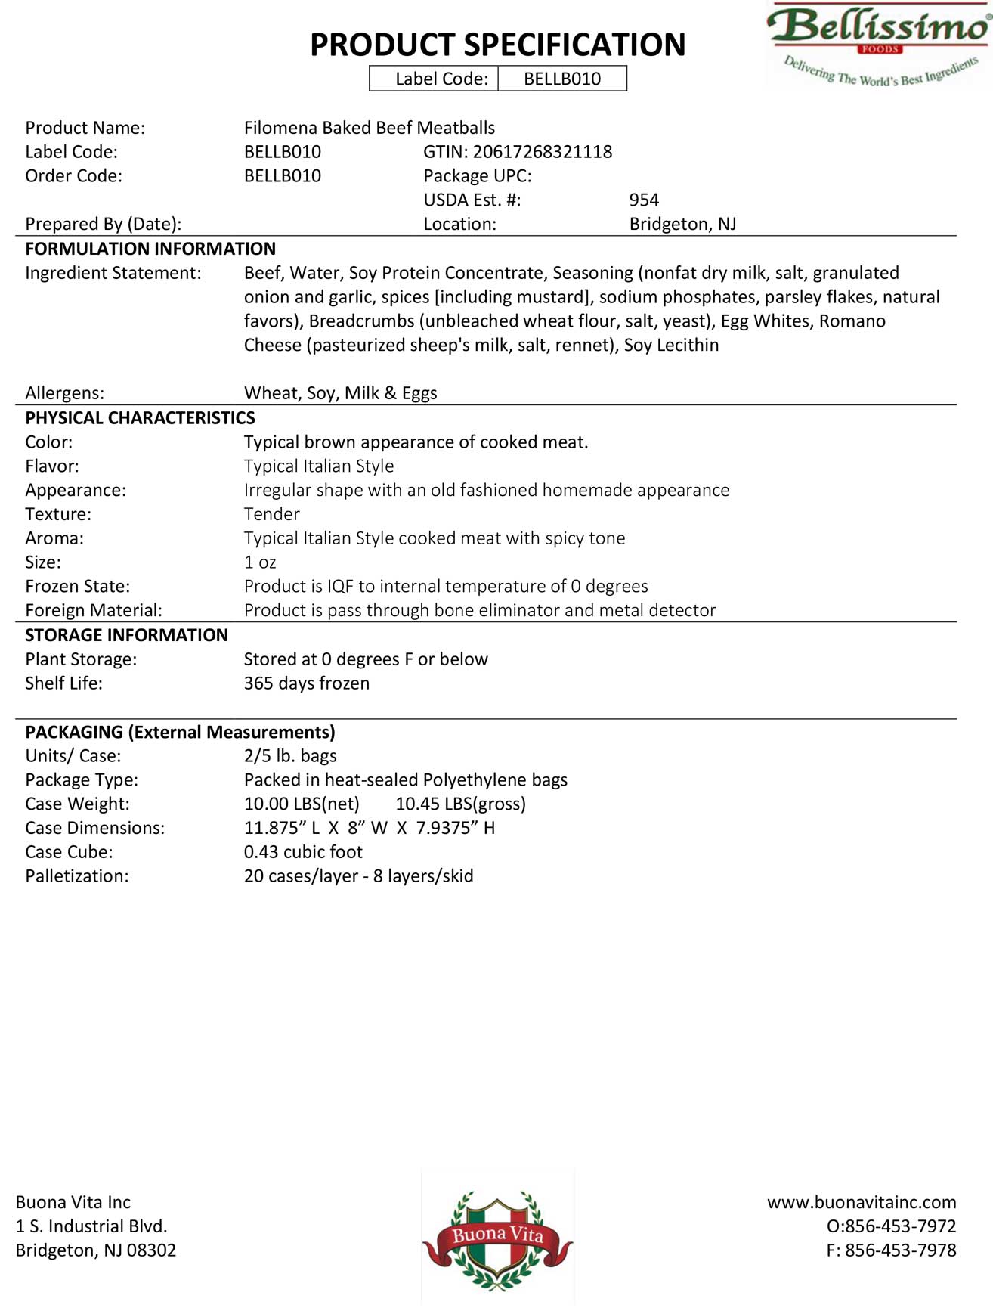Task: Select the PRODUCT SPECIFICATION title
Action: click(x=497, y=45)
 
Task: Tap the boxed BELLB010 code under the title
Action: click(x=562, y=79)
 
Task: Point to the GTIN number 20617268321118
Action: click(x=542, y=152)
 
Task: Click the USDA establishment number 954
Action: click(x=644, y=200)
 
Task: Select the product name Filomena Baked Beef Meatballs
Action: click(x=370, y=128)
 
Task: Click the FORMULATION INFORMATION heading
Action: click(x=150, y=249)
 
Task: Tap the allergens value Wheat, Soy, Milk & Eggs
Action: click(x=340, y=393)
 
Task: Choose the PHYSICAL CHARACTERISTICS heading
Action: click(x=140, y=418)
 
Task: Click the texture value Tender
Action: click(x=271, y=514)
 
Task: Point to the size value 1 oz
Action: click(x=260, y=562)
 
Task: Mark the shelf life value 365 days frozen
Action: click(x=307, y=683)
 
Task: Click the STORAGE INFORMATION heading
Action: click(x=126, y=635)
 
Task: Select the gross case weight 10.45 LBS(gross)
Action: click(x=461, y=804)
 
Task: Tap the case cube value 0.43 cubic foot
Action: click(x=303, y=852)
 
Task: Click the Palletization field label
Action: click(x=77, y=876)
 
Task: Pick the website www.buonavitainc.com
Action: click(x=862, y=1202)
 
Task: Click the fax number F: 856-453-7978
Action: click(x=891, y=1250)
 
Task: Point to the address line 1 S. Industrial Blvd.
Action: click(x=91, y=1226)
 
